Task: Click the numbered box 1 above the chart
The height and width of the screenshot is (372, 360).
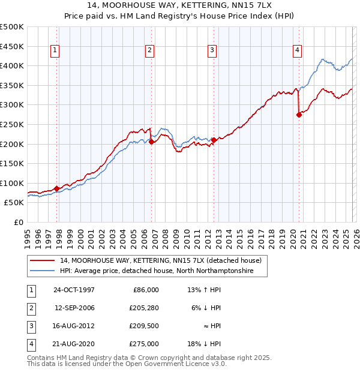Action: (55, 51)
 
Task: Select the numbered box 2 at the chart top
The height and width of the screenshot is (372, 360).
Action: (149, 51)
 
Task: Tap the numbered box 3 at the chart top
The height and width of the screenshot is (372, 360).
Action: (212, 51)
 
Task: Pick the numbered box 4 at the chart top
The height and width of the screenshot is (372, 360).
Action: (297, 51)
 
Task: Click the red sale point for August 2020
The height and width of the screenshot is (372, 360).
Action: (299, 115)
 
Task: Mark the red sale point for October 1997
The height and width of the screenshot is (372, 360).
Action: (57, 188)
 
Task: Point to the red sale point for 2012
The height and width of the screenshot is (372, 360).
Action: (214, 140)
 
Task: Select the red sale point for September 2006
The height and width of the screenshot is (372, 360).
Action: (151, 142)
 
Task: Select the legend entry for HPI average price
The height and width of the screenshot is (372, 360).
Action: (156, 271)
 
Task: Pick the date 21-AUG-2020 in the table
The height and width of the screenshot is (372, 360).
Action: (74, 344)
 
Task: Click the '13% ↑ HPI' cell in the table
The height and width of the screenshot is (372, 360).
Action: (204, 289)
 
